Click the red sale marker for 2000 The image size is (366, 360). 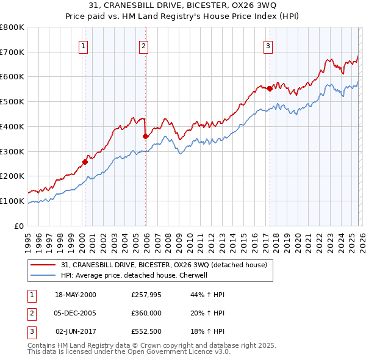[85, 162]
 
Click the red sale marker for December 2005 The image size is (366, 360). [145, 136]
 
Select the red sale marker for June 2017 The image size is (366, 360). [270, 88]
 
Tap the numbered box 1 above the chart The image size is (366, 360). [83, 45]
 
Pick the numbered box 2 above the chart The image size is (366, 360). [143, 45]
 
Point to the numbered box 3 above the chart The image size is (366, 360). [268, 45]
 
